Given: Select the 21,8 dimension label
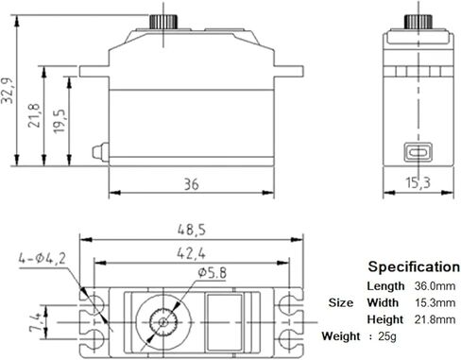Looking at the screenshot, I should click(x=37, y=120).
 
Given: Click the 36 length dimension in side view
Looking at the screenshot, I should click(x=192, y=184).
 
